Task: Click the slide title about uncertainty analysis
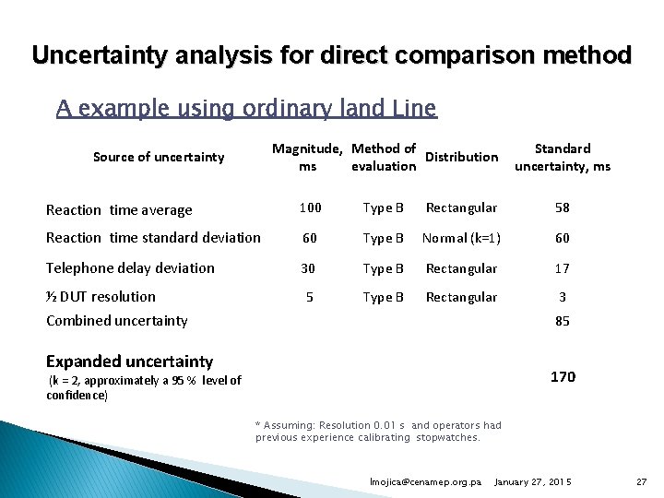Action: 332,55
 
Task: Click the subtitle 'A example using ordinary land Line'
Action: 246,109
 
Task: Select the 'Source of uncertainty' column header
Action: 159,157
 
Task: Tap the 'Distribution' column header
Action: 461,157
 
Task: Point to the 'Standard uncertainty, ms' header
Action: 563,157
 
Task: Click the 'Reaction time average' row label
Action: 119,210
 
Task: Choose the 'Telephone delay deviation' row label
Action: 130,268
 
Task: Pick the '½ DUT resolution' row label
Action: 101,297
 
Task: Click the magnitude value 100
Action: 311,208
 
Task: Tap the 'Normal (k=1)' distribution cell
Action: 461,239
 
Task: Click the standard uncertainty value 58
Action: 563,208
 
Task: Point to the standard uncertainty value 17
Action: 563,268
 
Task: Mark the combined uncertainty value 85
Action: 563,322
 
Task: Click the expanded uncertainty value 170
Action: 563,376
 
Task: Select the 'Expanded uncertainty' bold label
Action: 129,362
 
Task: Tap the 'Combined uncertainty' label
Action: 116,321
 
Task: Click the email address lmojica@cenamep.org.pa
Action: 425,482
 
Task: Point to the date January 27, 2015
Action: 533,482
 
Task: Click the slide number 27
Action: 642,482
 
